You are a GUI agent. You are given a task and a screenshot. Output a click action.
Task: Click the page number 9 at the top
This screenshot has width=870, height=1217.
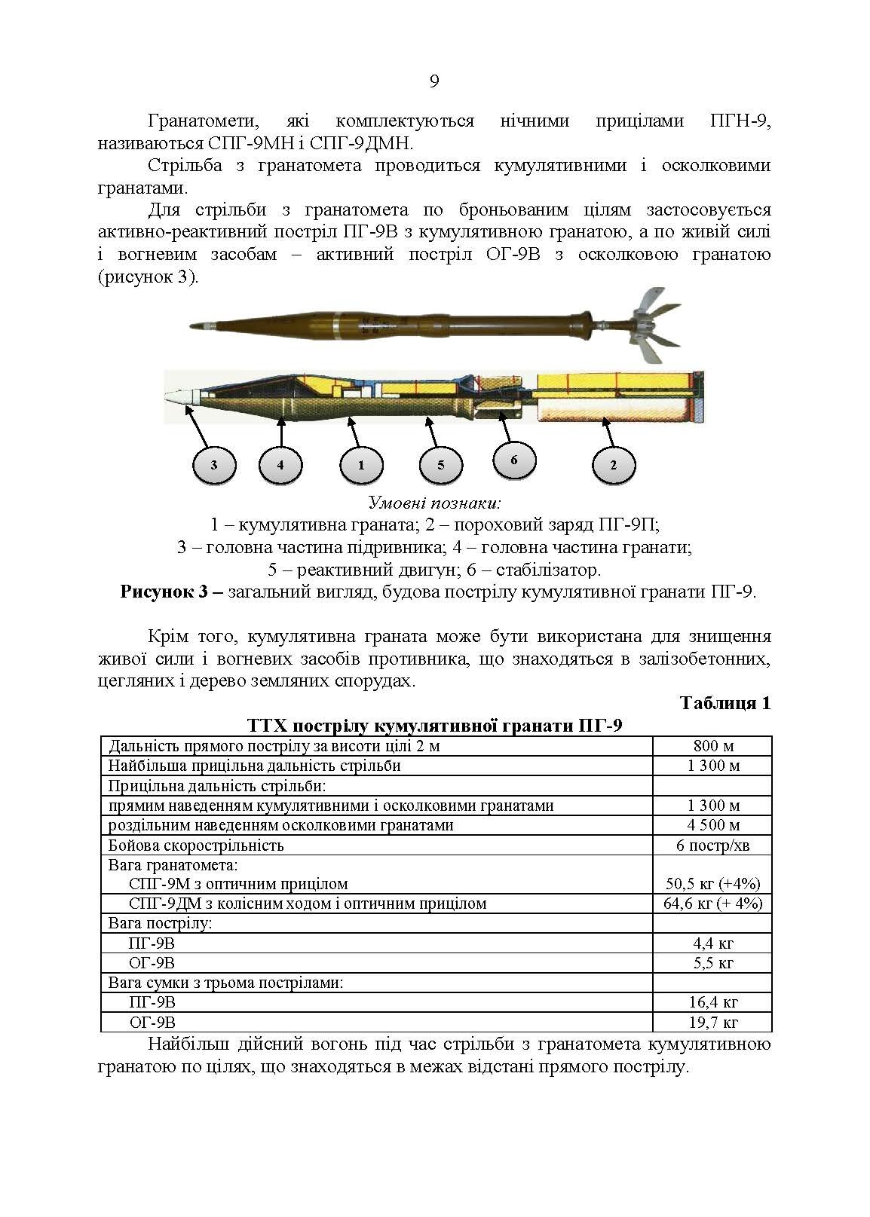(x=434, y=81)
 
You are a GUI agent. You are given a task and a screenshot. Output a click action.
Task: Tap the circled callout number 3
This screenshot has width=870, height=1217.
(x=214, y=465)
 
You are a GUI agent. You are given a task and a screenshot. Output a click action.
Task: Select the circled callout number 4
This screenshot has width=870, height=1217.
(x=280, y=465)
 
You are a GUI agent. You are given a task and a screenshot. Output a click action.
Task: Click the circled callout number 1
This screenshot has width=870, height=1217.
(x=360, y=465)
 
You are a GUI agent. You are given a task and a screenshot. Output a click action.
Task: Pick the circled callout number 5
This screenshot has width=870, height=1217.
(x=441, y=464)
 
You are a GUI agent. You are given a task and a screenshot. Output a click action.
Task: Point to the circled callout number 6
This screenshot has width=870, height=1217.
(x=514, y=459)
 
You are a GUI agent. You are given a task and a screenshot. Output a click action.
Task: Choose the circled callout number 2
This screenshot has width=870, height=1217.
(x=613, y=465)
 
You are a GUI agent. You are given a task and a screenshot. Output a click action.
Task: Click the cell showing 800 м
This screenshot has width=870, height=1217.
(x=712, y=746)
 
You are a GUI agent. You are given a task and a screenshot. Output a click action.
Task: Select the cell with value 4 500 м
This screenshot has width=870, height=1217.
(x=712, y=825)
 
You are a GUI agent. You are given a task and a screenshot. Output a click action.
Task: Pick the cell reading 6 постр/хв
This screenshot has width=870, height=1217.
(x=712, y=845)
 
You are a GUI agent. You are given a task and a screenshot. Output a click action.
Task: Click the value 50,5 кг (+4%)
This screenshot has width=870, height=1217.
(x=712, y=884)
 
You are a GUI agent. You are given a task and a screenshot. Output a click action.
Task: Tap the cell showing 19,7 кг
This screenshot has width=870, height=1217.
(x=712, y=1022)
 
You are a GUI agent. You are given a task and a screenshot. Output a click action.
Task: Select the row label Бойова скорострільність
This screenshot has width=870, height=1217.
(x=196, y=845)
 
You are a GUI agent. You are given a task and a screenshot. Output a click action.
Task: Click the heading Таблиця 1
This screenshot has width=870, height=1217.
(x=724, y=703)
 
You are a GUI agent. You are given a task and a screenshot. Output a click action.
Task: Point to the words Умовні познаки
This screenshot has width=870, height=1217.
(x=434, y=503)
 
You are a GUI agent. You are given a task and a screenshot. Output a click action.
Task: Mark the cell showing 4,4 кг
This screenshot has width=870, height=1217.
(x=712, y=943)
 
